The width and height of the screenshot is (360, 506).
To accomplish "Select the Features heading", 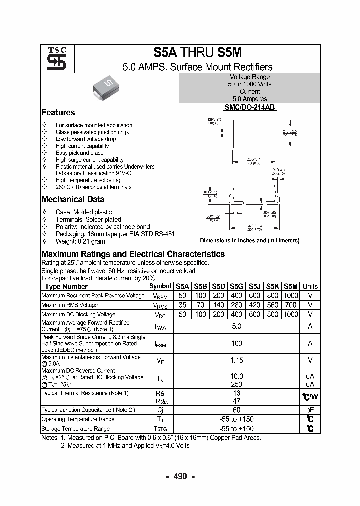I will [x=58, y=113].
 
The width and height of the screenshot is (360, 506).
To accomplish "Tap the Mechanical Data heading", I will [x=73, y=199].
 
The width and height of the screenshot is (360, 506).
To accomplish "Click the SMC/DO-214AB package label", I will [x=249, y=107].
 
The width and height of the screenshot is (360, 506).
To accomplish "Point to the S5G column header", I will [x=236, y=286].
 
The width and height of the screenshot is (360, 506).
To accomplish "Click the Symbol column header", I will [x=160, y=286].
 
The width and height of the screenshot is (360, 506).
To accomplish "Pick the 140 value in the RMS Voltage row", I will [x=218, y=305].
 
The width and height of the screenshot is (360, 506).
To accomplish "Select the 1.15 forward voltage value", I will [x=236, y=360].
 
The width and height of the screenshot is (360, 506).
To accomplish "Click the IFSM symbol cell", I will [x=160, y=344].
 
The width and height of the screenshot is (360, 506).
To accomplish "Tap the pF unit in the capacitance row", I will [x=310, y=410].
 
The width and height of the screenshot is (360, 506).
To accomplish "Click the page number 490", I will [x=180, y=476].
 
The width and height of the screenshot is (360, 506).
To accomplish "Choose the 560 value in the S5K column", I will [x=273, y=305].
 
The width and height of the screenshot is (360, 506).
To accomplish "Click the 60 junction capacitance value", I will [x=236, y=410].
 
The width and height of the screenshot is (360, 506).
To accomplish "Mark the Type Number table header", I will [x=66, y=286].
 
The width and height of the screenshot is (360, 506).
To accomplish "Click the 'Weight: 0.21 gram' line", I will [x=80, y=241].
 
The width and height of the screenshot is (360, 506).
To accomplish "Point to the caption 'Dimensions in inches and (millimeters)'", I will [x=249, y=240].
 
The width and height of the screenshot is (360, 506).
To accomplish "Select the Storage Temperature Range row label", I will [x=75, y=429].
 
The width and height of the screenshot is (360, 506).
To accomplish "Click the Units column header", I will [x=310, y=286].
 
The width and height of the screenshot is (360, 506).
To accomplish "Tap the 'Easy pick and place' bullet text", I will [x=79, y=153].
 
